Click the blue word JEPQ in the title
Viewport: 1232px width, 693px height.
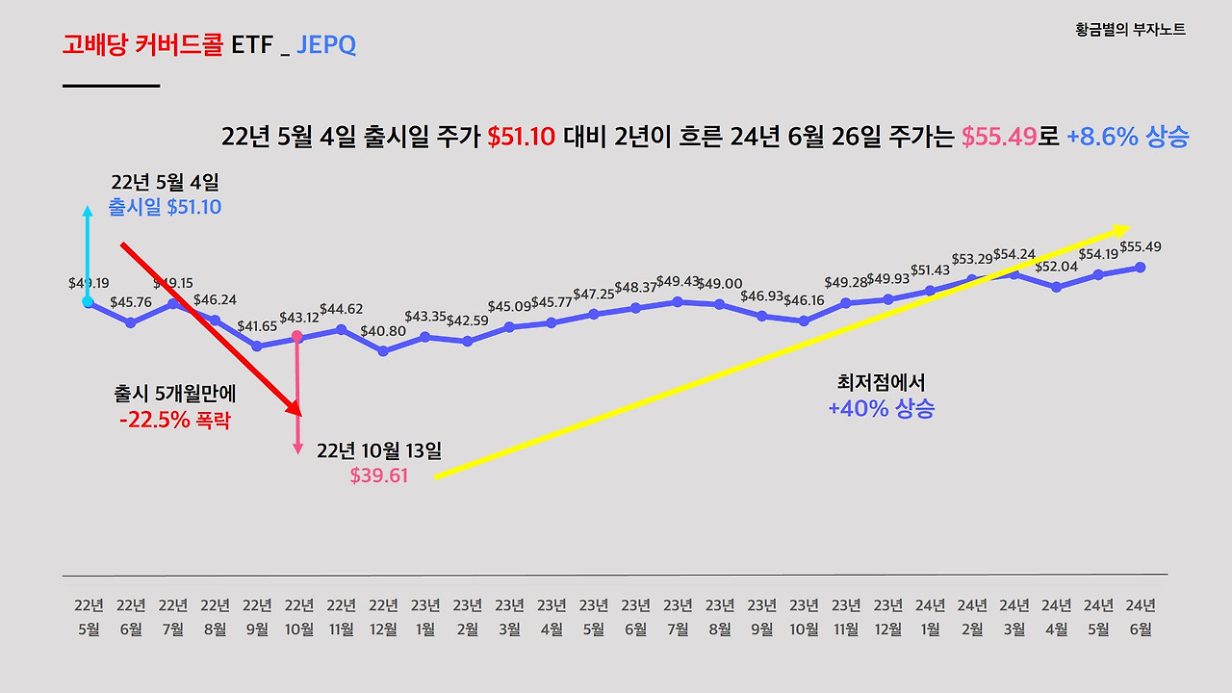[326, 44]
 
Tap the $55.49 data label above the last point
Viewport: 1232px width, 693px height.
[1141, 246]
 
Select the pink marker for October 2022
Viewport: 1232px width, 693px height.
[297, 337]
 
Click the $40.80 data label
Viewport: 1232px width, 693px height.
[383, 332]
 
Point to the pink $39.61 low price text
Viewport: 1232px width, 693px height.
[379, 475]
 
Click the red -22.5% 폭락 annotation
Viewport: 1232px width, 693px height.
[175, 421]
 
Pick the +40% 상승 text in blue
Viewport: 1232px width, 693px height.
[881, 408]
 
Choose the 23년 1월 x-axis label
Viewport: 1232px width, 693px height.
[425, 617]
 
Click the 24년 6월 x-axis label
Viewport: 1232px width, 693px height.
[1141, 617]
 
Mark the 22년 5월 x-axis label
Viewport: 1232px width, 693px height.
[89, 617]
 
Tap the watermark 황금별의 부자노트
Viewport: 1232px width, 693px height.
[1130, 30]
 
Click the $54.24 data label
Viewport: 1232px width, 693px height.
[1014, 254]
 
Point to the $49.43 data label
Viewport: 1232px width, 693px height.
[678, 281]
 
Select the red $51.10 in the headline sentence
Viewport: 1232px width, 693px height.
[521, 137]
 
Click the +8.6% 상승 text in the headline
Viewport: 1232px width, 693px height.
[1128, 137]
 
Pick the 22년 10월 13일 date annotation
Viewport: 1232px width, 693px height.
[379, 450]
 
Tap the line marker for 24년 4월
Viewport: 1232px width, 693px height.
[1057, 287]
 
